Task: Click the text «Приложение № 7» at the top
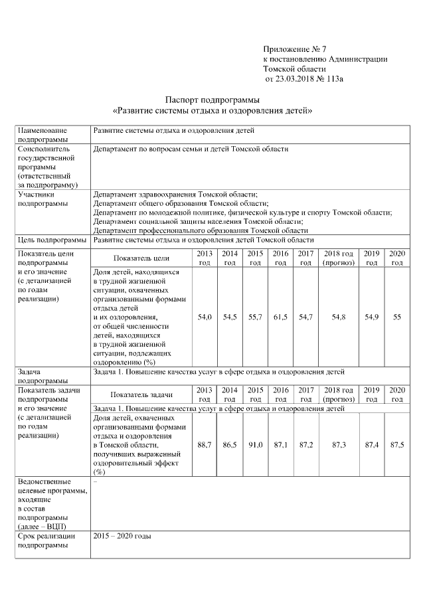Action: coord(295,50)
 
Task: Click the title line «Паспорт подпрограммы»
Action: coord(212,99)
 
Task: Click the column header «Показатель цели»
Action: coord(141,258)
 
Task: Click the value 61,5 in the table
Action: coord(280,317)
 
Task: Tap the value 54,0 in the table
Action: coord(205,317)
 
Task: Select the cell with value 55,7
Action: coord(255,317)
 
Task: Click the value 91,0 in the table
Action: coord(255,444)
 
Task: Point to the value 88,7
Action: coord(205,444)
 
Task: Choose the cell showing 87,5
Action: coord(397,444)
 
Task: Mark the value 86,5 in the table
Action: coord(230,444)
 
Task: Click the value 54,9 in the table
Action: coord(372,317)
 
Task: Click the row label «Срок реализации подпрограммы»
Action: coord(46,539)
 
